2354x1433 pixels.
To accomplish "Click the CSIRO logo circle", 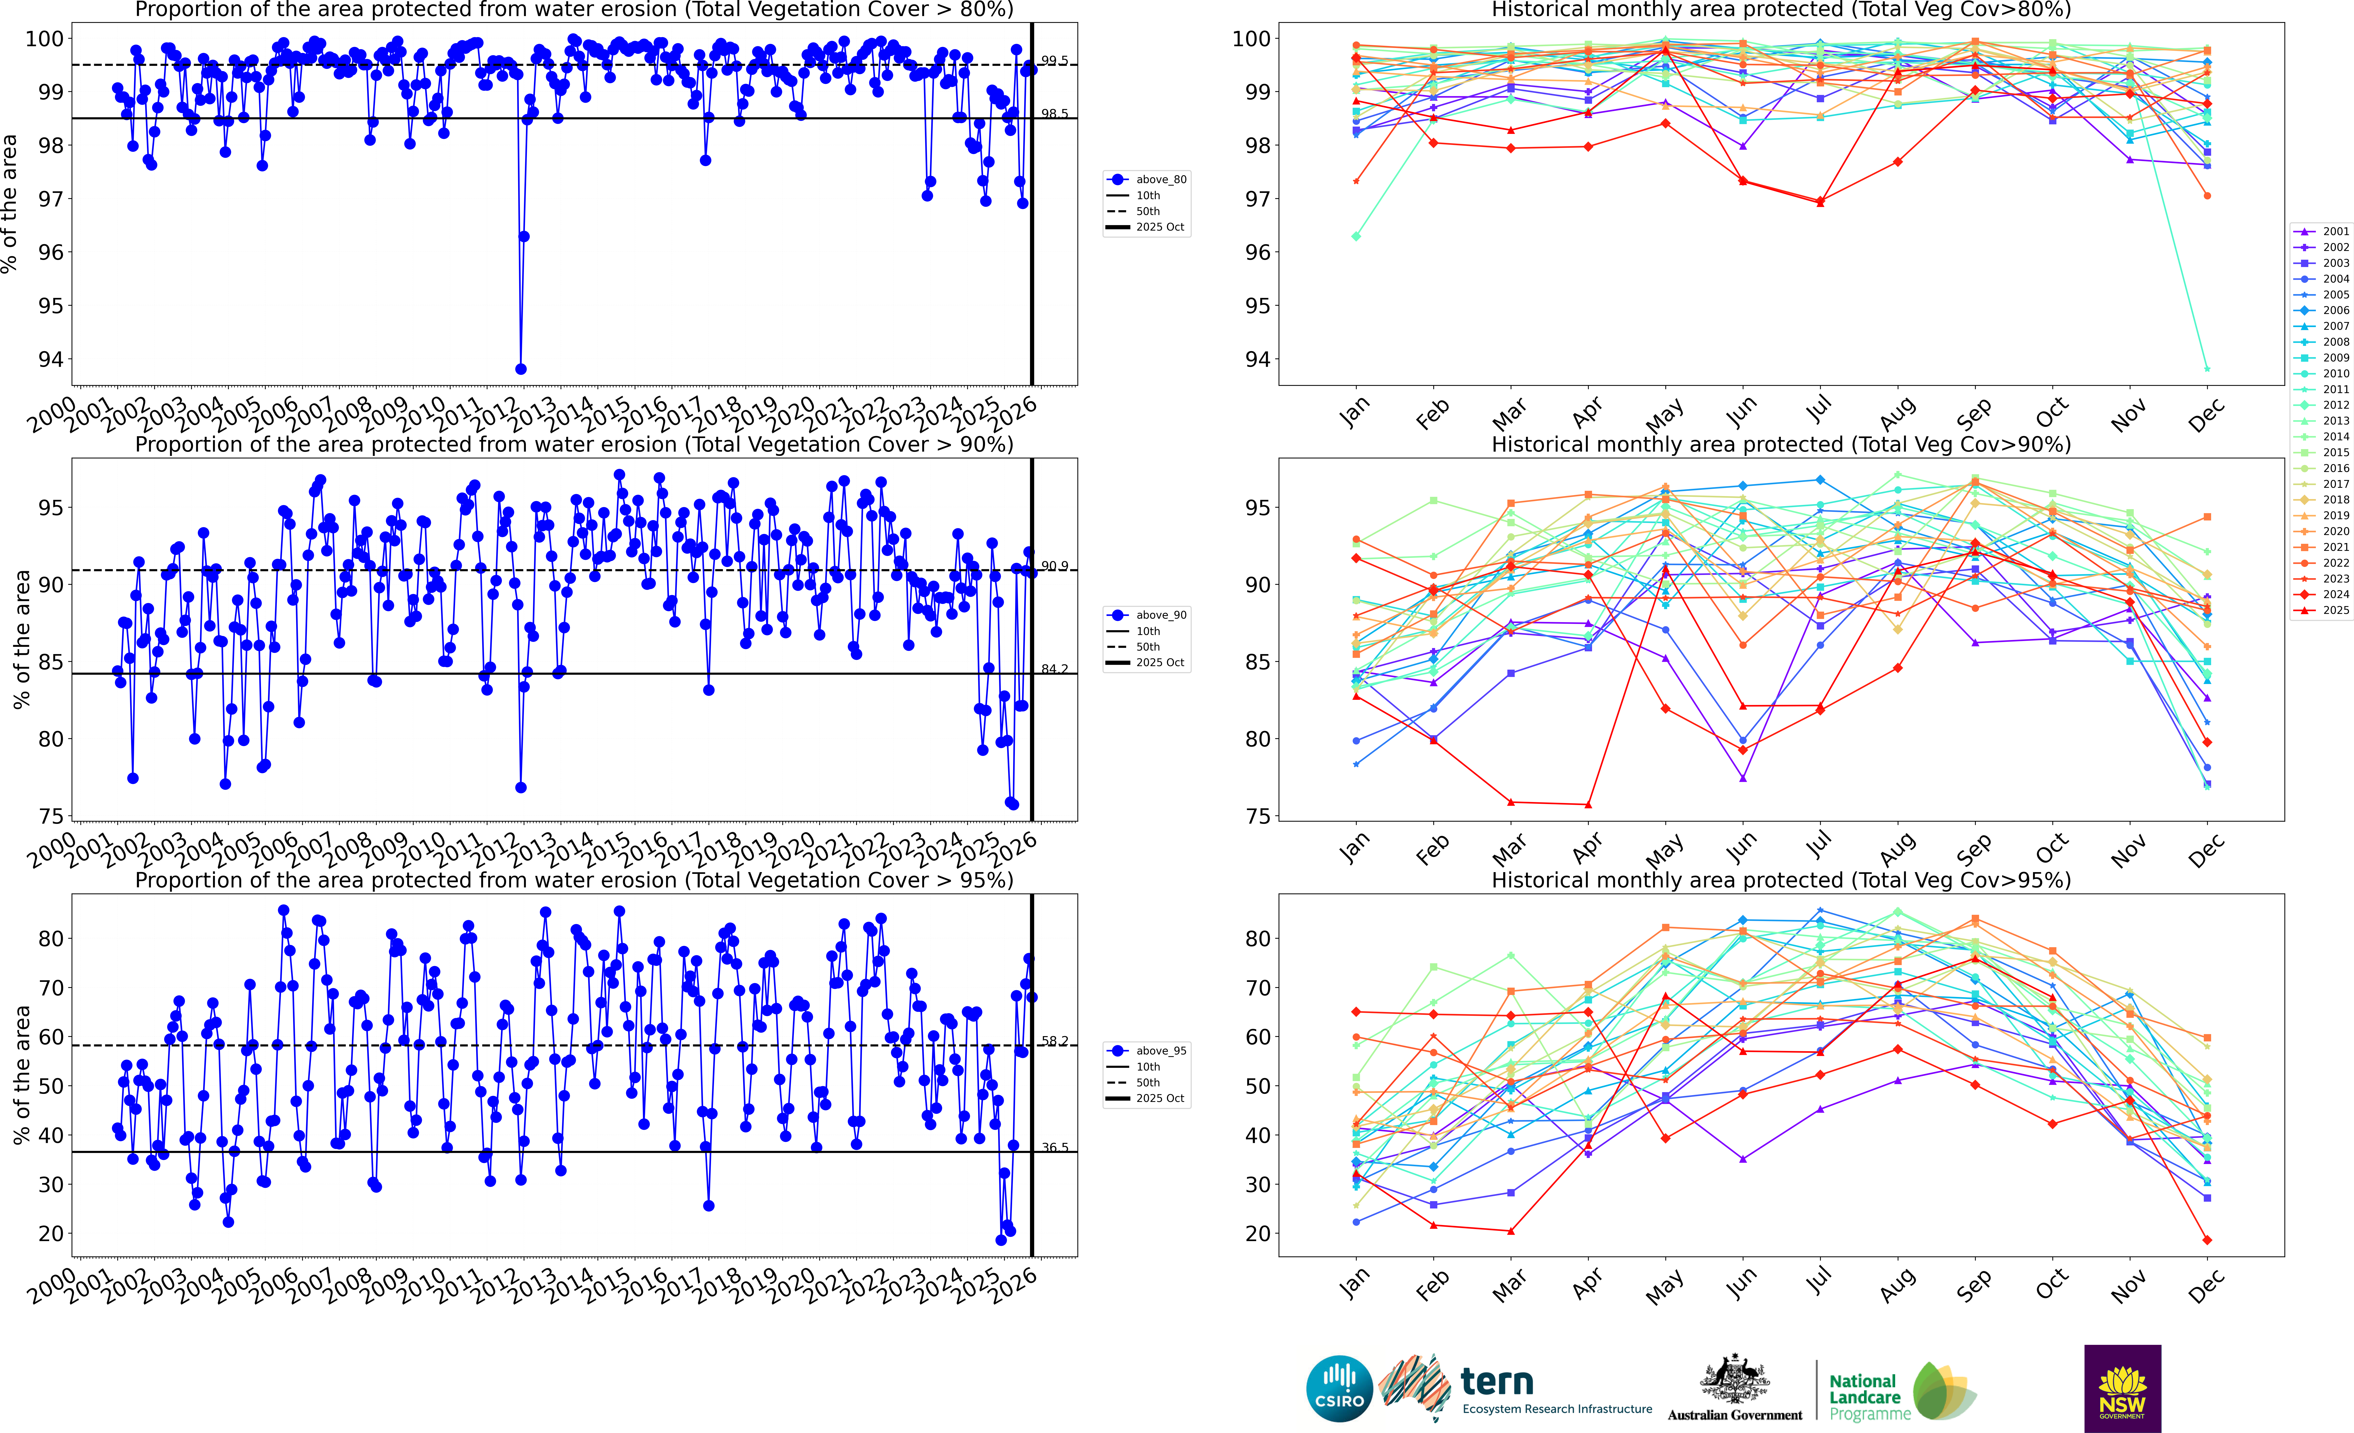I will coord(1339,1388).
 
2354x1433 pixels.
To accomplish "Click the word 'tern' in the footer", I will coord(1497,1382).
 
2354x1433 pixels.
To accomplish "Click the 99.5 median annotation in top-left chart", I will coord(1055,61).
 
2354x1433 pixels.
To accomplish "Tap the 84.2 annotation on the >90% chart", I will coord(1055,669).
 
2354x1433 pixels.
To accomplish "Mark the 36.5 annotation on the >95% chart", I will coord(1055,1147).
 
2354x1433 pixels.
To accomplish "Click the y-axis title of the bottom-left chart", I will coord(21,1075).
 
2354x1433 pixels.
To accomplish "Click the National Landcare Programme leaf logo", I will coord(1944,1391).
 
